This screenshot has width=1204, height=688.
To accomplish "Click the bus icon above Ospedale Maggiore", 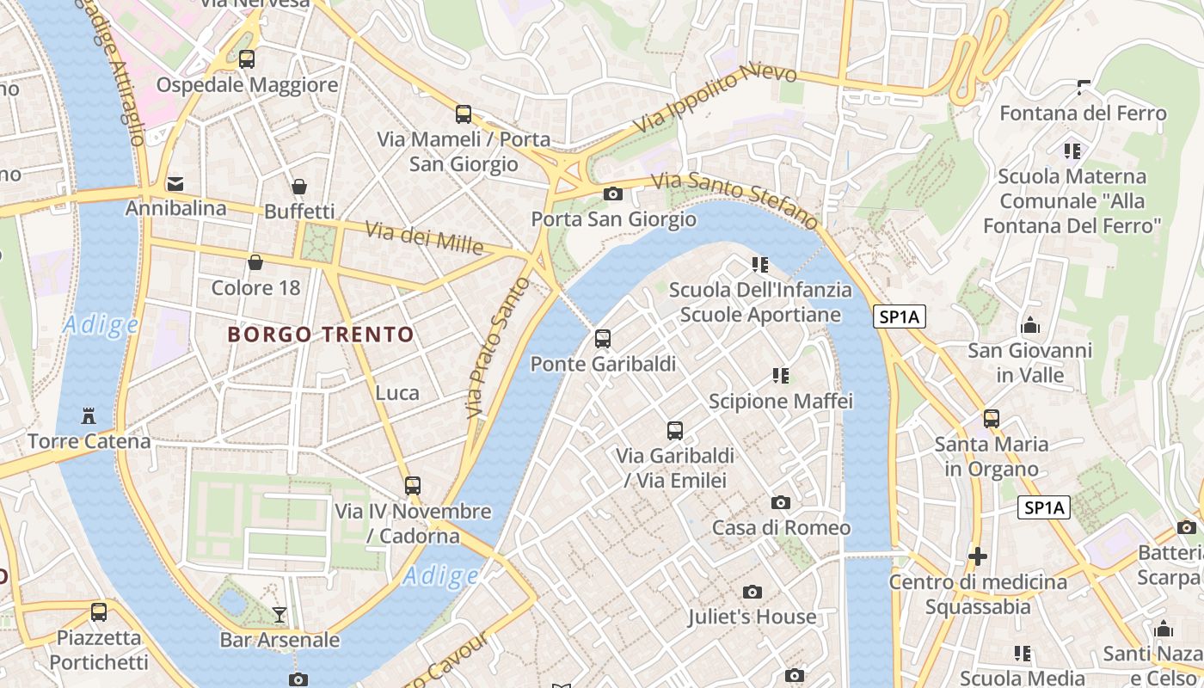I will point(247,59).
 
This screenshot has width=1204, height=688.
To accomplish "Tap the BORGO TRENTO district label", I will point(321,335).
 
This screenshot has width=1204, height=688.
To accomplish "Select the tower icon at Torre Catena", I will point(88,416).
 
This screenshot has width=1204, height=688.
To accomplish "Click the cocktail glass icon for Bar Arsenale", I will point(279,614).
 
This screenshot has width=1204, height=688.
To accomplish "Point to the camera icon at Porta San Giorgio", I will point(613,193).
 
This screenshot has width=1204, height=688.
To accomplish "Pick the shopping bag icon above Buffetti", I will point(299,187).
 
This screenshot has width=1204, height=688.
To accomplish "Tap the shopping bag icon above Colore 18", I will point(255,262).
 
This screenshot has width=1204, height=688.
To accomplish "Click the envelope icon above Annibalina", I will point(175,183).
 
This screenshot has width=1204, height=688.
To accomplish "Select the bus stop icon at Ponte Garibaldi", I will point(603,339).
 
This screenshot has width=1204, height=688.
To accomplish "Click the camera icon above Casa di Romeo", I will point(781,502).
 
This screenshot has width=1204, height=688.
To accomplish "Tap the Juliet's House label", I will point(752,617).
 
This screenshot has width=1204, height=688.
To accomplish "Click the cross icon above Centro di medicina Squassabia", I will point(978,556).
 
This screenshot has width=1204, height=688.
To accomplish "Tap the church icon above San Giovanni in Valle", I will point(1029,326).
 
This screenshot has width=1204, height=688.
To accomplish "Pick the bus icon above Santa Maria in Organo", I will point(992,419).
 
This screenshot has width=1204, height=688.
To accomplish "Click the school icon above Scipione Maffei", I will point(781,375).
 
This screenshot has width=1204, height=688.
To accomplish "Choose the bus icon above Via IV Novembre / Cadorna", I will point(413,486).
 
